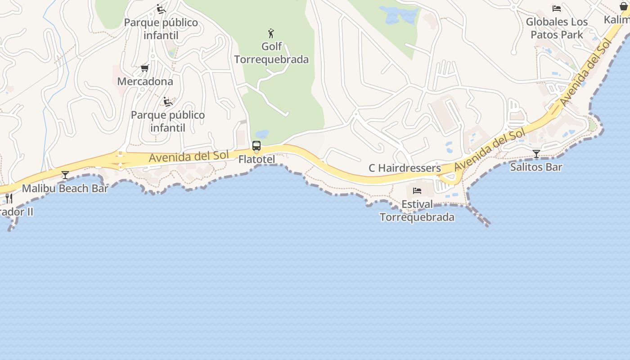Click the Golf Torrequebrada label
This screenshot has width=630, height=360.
click(x=271, y=53)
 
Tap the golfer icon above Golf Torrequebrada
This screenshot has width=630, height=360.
click(x=271, y=33)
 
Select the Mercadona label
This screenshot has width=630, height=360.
click(x=145, y=81)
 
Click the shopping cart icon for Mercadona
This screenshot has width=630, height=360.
click(x=144, y=68)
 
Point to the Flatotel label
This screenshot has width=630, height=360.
click(x=256, y=159)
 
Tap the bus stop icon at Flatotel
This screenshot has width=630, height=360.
click(x=256, y=146)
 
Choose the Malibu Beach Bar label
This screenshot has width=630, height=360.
click(x=65, y=188)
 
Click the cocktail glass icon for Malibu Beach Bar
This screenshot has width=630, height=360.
click(x=65, y=175)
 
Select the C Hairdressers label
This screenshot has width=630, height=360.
click(x=405, y=168)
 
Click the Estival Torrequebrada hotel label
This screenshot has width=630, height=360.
click(x=417, y=211)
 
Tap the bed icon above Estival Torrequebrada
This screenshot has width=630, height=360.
click(x=417, y=191)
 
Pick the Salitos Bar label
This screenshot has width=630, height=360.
click(x=536, y=167)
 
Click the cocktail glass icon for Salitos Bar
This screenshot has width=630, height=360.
click(x=536, y=154)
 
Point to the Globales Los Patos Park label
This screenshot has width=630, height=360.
click(x=557, y=28)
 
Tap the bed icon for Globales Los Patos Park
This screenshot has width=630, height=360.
click(x=557, y=8)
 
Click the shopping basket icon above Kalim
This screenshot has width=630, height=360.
click(x=624, y=6)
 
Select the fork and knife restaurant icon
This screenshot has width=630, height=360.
click(x=9, y=198)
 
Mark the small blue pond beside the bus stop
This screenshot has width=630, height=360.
click(x=262, y=134)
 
